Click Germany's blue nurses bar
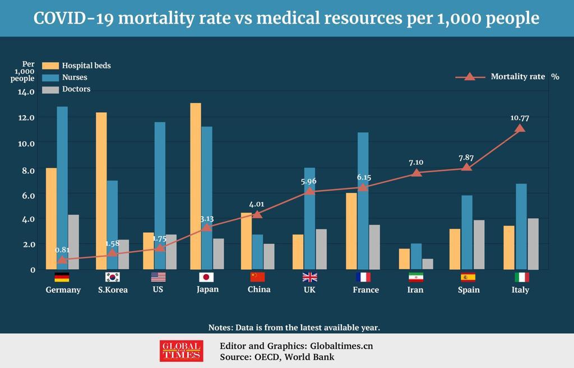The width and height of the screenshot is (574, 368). [x=62, y=188]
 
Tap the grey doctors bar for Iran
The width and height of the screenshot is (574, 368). [x=428, y=264]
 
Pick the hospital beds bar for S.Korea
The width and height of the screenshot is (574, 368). [x=101, y=191]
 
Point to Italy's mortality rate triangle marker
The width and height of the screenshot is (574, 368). [x=520, y=128]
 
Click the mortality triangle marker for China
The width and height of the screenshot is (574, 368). [x=257, y=214]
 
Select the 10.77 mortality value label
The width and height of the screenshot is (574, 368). [x=520, y=118]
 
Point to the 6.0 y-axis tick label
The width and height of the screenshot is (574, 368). [x=28, y=195]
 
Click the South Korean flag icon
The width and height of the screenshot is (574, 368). [x=113, y=277]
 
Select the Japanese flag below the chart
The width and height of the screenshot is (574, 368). [x=207, y=277]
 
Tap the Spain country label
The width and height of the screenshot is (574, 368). [x=468, y=290]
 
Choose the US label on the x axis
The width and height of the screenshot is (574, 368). [x=158, y=290]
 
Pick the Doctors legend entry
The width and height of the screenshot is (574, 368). [x=76, y=89]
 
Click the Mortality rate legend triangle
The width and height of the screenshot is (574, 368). [x=470, y=77]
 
